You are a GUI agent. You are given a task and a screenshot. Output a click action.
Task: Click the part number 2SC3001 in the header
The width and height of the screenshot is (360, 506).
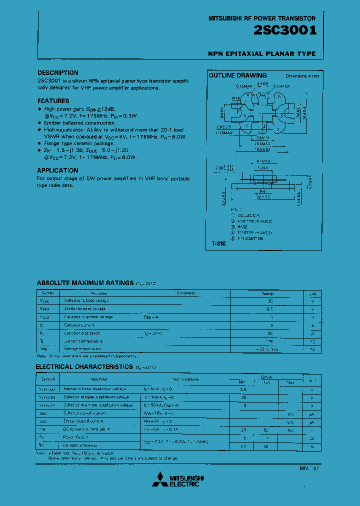pyautogui.click(x=285, y=31)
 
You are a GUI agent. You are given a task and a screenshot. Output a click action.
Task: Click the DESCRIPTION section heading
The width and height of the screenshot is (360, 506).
pyautogui.click(x=58, y=73)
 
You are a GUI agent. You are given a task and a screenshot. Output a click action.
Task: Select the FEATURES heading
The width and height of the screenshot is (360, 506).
pyautogui.click(x=53, y=101)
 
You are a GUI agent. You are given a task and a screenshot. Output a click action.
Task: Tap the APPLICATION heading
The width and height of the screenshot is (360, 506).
pyautogui.click(x=57, y=170)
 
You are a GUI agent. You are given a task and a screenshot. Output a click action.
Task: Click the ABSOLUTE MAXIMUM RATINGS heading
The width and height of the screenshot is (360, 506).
pyautogui.click(x=85, y=283)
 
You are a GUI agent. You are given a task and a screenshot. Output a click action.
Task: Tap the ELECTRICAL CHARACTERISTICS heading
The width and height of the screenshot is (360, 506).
pyautogui.click(x=84, y=367)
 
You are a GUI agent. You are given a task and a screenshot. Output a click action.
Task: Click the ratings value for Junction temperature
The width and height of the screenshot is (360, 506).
pyautogui.click(x=270, y=340)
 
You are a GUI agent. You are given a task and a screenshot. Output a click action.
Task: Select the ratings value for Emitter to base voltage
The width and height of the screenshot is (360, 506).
pyautogui.click(x=270, y=309)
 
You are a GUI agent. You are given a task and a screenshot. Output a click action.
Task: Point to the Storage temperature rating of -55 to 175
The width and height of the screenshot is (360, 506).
pyautogui.click(x=270, y=348)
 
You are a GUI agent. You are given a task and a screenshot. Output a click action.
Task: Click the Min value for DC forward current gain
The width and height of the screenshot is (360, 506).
pyautogui.click(x=243, y=429)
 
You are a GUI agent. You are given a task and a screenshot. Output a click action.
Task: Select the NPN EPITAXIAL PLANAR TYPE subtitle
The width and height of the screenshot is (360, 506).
pyautogui.click(x=261, y=53)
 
